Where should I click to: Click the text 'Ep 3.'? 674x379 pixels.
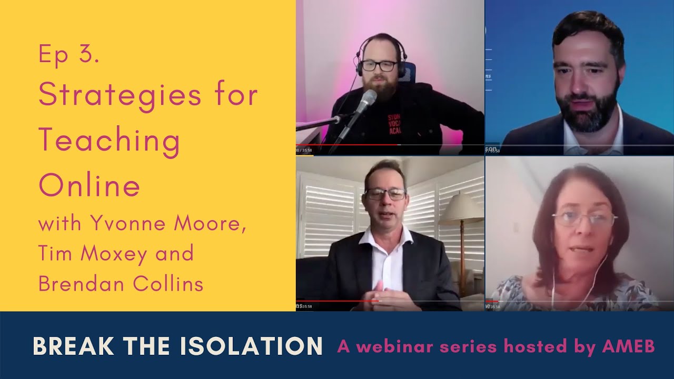pos(69,55)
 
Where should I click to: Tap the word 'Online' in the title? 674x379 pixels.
pos(90,185)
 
